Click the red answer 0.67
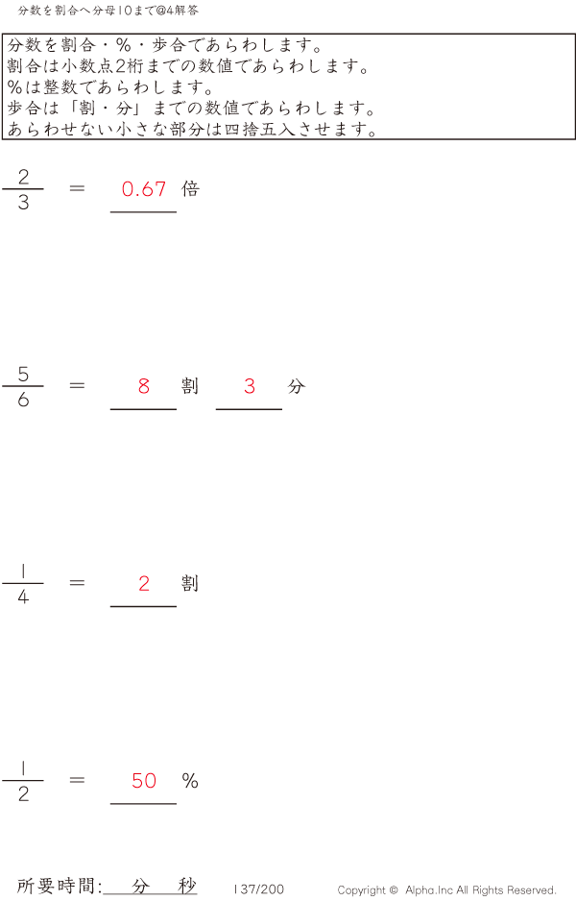click(x=144, y=189)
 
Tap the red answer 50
click(x=144, y=780)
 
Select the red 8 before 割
click(x=144, y=386)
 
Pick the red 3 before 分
click(x=250, y=386)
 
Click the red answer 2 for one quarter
click(x=144, y=583)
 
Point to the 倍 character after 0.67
click(x=190, y=188)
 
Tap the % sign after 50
click(x=190, y=780)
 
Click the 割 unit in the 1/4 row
click(x=190, y=583)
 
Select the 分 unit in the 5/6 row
click(x=297, y=386)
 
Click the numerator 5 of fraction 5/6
click(x=23, y=374)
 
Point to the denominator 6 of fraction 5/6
click(x=23, y=400)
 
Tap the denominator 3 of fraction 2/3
click(x=23, y=203)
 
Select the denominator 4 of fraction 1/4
click(x=23, y=597)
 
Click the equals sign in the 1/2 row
click(x=77, y=780)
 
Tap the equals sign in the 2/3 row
click(x=77, y=188)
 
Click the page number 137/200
click(x=259, y=889)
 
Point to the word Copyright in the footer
click(x=363, y=890)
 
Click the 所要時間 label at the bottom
click(x=57, y=886)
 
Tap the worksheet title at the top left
click(x=108, y=11)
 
